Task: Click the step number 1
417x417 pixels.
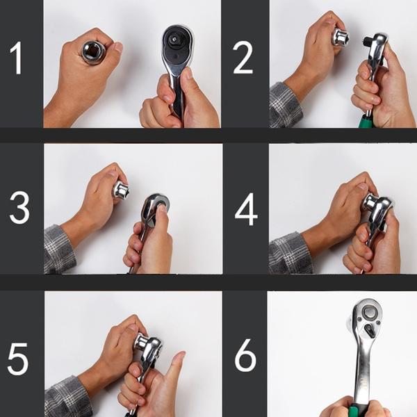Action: point(17,58)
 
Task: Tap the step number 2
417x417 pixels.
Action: point(243,58)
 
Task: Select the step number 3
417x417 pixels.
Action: point(19,207)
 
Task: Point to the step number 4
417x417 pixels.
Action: point(246,208)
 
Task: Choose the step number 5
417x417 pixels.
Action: point(17,359)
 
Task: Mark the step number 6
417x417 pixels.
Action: point(245,355)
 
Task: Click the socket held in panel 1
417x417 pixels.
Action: point(94,53)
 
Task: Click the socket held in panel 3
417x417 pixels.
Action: point(121,191)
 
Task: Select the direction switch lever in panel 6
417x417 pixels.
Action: point(368,329)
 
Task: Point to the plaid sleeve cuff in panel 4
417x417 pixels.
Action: point(290,253)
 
